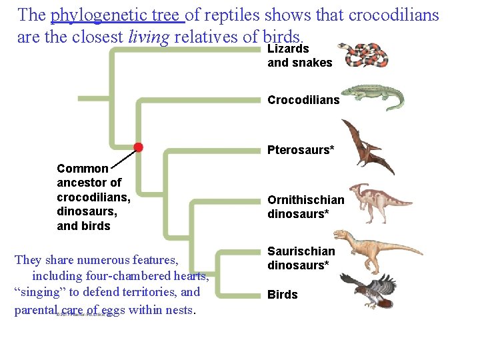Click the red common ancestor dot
[x=138, y=147]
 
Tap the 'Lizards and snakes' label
[x=299, y=55]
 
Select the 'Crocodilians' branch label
[x=303, y=100]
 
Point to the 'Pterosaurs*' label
[x=301, y=150]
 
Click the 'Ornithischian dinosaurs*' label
[x=306, y=207]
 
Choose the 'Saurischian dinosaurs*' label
[x=301, y=258]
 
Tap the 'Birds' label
[x=283, y=295]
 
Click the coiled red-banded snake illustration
[x=363, y=54]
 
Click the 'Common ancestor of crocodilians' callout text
[x=93, y=197]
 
